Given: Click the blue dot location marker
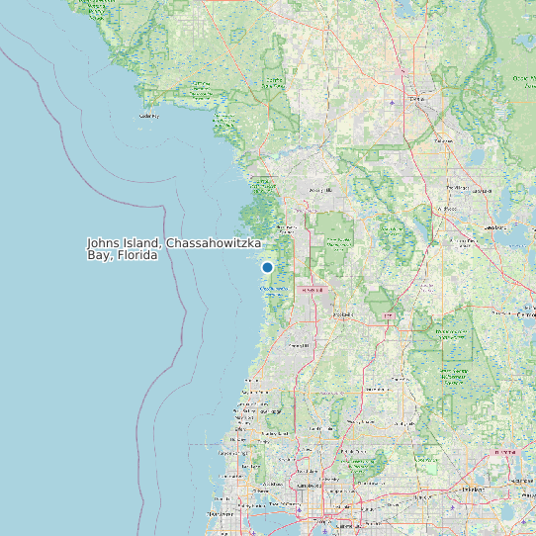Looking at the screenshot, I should (x=267, y=267).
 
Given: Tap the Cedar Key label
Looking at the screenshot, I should (x=149, y=116).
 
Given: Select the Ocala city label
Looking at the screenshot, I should (x=415, y=98).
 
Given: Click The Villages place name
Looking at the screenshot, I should (x=457, y=187).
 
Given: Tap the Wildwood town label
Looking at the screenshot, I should (x=448, y=210).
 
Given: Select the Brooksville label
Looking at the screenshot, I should (x=342, y=314).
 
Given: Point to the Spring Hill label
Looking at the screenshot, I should (x=297, y=345).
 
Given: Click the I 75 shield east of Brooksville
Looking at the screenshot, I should (x=388, y=316).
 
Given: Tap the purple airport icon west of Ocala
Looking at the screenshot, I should (x=394, y=102).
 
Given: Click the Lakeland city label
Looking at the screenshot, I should (x=505, y=452).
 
